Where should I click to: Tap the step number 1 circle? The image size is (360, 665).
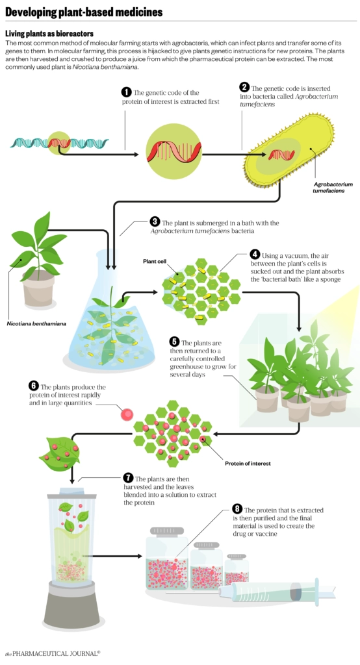click(126, 93)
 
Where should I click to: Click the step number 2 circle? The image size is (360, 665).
click(244, 87)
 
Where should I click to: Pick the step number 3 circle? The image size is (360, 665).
click(155, 221)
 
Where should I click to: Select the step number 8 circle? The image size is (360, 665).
click(237, 509)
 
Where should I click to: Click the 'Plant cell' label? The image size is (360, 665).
click(155, 261)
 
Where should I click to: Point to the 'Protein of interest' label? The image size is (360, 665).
click(247, 463)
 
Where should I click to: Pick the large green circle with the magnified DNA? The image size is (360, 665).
click(170, 152)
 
